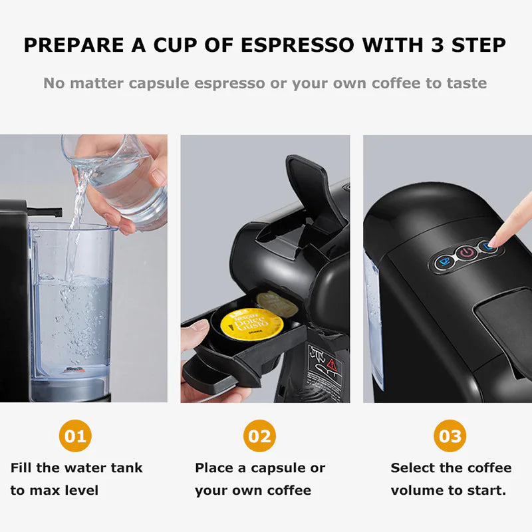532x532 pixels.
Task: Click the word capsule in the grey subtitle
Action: pyautogui.click(x=164, y=84)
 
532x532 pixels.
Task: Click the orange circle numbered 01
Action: pyautogui.click(x=75, y=437)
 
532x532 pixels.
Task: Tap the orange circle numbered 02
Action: pyautogui.click(x=259, y=437)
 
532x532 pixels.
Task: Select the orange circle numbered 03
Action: pyautogui.click(x=450, y=437)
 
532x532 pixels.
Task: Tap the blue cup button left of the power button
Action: pyautogui.click(x=442, y=261)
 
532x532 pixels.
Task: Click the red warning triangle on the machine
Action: pyautogui.click(x=332, y=362)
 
